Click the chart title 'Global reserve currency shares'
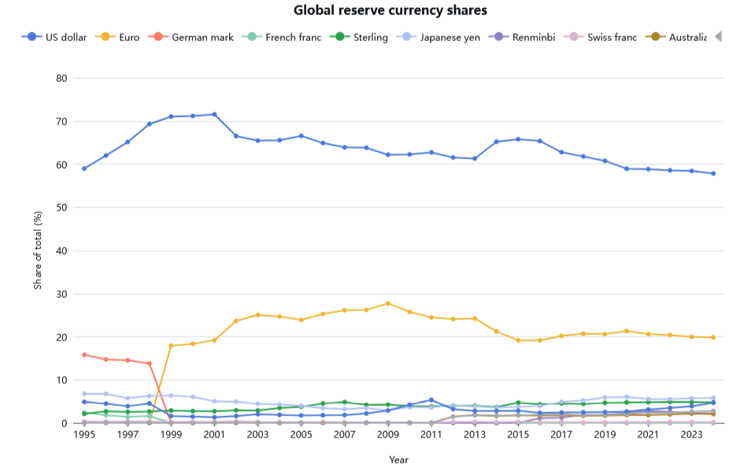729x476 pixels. [390, 10]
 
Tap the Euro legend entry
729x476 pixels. [117, 37]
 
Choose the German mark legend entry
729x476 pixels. [192, 37]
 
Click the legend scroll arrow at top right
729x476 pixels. [718, 37]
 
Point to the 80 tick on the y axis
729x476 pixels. [61, 78]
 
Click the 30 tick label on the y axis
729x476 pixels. [61, 294]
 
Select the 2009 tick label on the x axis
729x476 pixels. [388, 434]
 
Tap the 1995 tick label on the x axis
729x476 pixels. [84, 434]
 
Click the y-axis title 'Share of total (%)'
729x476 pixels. [38, 251]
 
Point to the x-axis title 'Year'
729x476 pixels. [399, 459]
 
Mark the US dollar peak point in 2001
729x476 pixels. [214, 114]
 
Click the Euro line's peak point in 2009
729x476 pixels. [388, 303]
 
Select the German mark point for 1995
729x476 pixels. [84, 355]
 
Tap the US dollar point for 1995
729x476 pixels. [84, 168]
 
